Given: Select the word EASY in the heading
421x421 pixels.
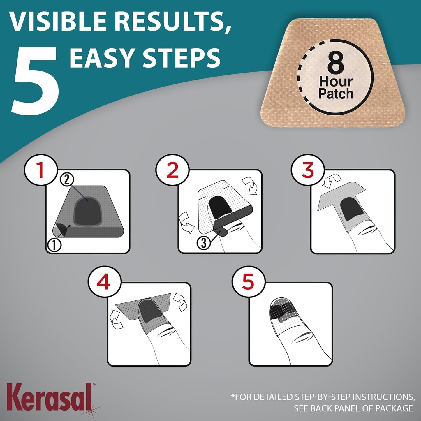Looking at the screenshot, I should coord(102,57).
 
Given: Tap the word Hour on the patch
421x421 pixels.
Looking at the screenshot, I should coord(336,82).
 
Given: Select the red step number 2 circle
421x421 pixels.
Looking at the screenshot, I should coord(172,170).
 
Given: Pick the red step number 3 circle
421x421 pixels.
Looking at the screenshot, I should coord(308,170).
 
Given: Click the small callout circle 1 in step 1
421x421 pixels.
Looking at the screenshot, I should coord(54,245).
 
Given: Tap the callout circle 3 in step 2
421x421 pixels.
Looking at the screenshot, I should coord(204,242).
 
